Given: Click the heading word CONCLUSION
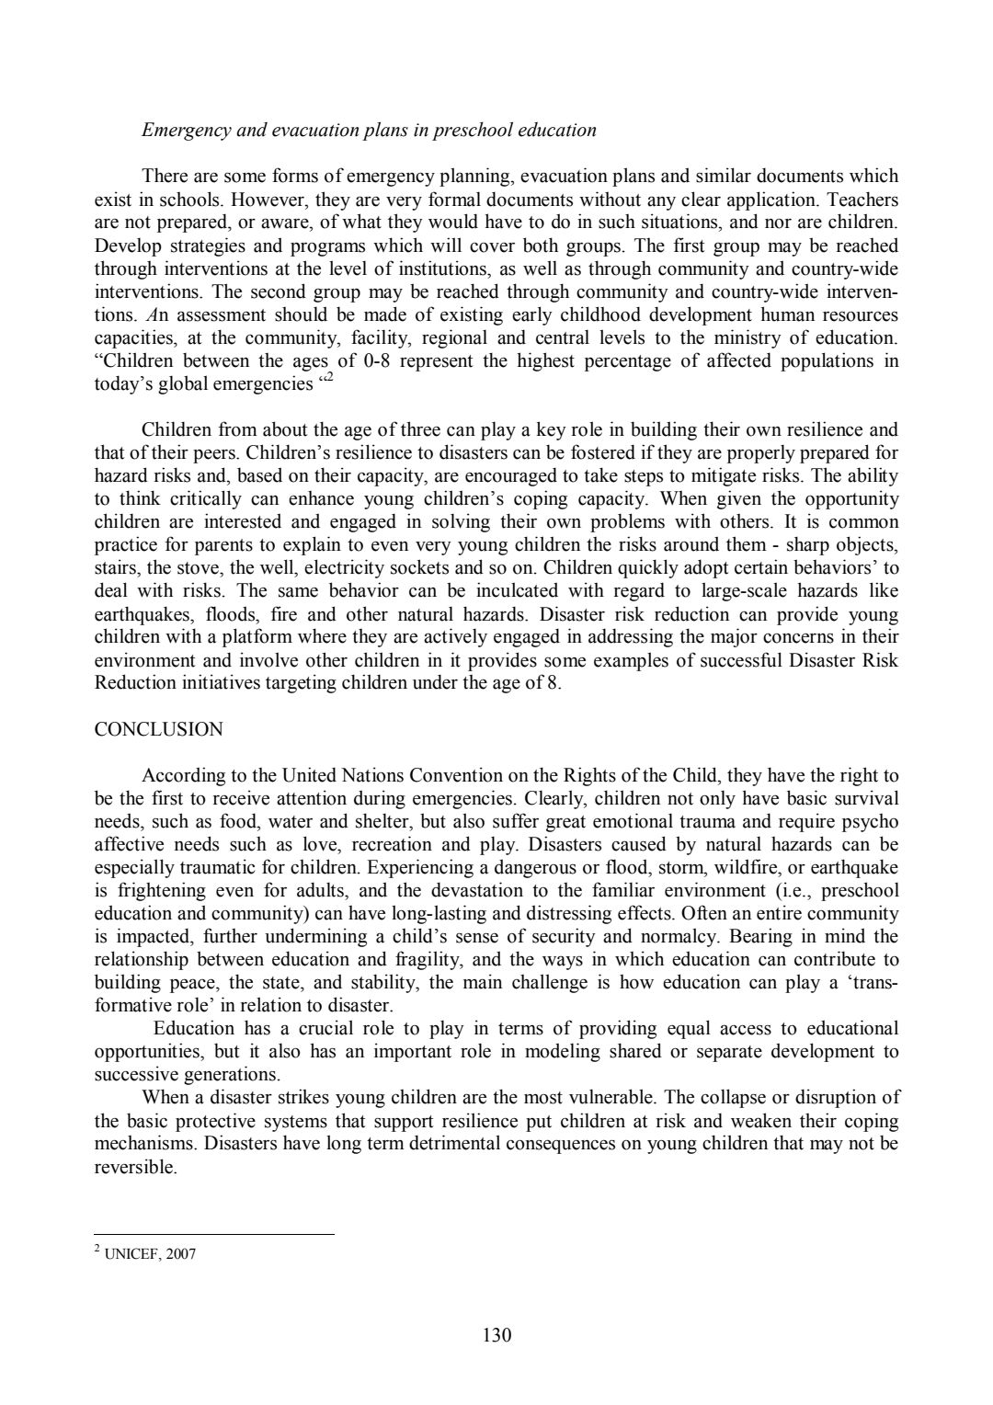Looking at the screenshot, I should point(159,730).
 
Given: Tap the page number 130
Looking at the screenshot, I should point(496,1335).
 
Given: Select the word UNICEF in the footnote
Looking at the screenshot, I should point(131,1254).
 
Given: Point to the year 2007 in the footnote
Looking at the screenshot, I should point(181,1254).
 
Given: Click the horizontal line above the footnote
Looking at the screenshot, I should point(214,1235).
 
